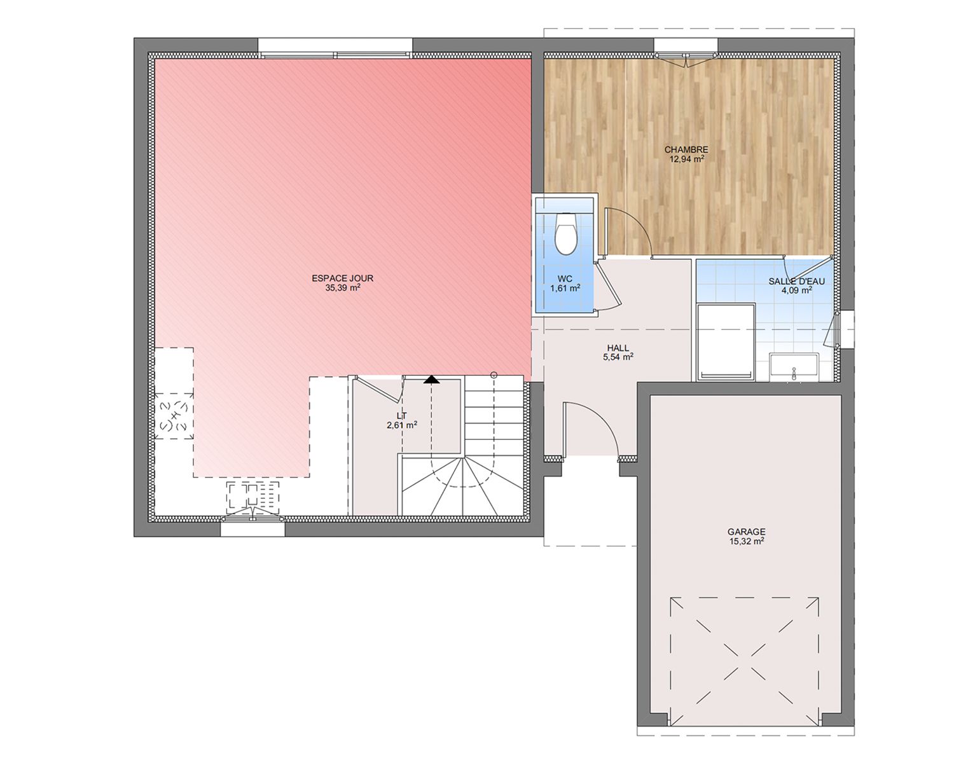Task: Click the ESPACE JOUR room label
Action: tap(342, 278)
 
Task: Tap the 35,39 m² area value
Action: tap(342, 288)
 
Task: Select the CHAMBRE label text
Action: tap(686, 150)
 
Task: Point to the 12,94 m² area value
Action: tap(687, 159)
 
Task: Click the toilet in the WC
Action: tap(565, 233)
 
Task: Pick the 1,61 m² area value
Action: tap(565, 288)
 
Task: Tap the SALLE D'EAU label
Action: tap(797, 281)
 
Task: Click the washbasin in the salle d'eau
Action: tap(794, 367)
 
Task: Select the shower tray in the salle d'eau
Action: tap(726, 342)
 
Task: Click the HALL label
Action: tap(618, 348)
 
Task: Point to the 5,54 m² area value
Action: tap(618, 357)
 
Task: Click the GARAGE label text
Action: tap(747, 532)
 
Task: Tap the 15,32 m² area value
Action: tap(747, 541)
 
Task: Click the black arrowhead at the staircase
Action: tap(431, 380)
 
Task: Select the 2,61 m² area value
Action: tap(402, 425)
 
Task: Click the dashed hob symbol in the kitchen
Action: tap(174, 416)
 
